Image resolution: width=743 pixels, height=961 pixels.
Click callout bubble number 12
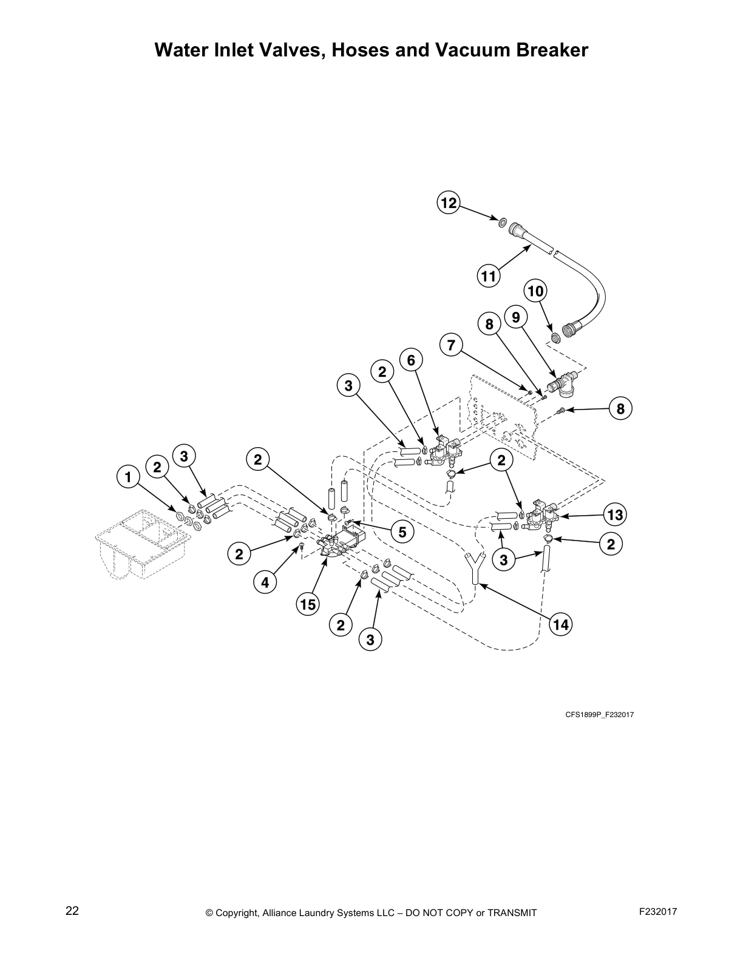point(448,203)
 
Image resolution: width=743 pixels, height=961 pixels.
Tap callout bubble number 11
point(488,277)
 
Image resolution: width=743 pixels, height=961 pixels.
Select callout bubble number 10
point(535,291)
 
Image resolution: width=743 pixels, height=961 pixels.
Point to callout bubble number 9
point(515,317)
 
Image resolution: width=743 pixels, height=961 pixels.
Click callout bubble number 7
point(450,346)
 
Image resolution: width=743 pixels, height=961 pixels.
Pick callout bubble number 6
point(411,360)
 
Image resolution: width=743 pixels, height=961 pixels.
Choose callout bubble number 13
point(615,515)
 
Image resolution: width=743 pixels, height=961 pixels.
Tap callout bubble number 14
point(561,624)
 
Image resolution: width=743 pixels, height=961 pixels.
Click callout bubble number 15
point(308,604)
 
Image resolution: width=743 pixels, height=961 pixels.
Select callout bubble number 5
point(402,532)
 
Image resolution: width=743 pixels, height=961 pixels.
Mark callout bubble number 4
point(265,583)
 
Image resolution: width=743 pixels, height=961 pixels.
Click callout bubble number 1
point(127,477)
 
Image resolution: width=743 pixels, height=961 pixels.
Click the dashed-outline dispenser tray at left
point(143,543)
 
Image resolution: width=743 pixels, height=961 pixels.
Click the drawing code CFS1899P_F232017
point(599,715)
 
